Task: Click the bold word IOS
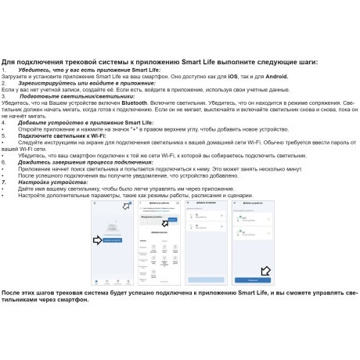(233, 77)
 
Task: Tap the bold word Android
(275, 77)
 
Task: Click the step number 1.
(4, 70)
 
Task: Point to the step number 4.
(4, 123)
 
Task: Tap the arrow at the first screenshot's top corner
(128, 207)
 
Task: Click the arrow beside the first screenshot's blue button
(97, 241)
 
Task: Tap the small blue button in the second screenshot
(174, 222)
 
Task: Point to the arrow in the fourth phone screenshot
(265, 271)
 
